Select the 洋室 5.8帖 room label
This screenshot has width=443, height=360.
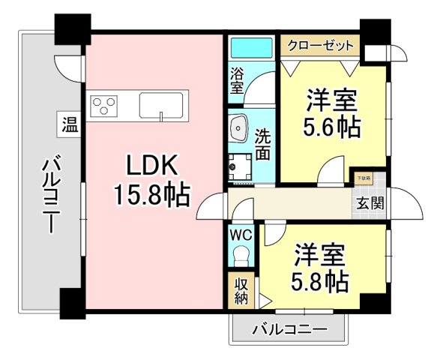click(x=319, y=268)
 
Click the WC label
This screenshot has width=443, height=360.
click(x=240, y=234)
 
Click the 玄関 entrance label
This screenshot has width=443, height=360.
click(x=369, y=203)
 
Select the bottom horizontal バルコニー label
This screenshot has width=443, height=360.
click(x=289, y=329)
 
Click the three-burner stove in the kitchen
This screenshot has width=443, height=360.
click(x=104, y=104)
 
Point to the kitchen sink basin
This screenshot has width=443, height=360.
click(x=163, y=104)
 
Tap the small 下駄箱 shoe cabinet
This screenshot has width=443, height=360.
click(x=363, y=180)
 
